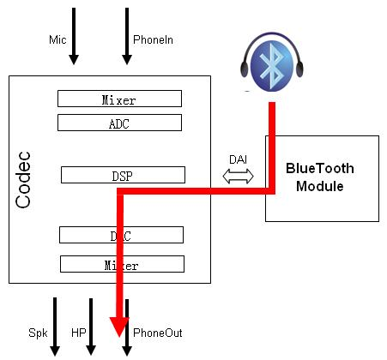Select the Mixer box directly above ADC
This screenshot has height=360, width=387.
point(120,99)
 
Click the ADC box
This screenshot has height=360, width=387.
point(120,123)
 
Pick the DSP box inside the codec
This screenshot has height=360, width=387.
point(124,175)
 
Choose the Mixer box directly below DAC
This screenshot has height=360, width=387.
point(122,265)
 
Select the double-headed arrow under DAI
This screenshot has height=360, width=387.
point(238,177)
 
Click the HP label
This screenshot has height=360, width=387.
point(78,331)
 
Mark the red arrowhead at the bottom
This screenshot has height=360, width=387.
point(118,325)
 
